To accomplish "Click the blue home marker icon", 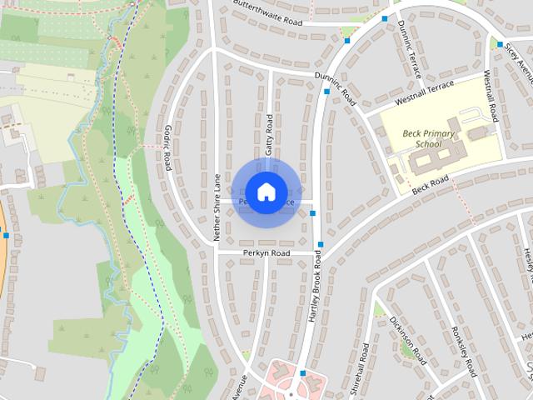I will pyautogui.click(x=265, y=192).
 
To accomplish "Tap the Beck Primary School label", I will pyautogui.click(x=429, y=138).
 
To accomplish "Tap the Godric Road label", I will pyautogui.click(x=167, y=149).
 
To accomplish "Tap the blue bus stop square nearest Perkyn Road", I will pyautogui.click(x=319, y=244).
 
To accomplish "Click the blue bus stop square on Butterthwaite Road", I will pyautogui.click(x=385, y=17).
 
